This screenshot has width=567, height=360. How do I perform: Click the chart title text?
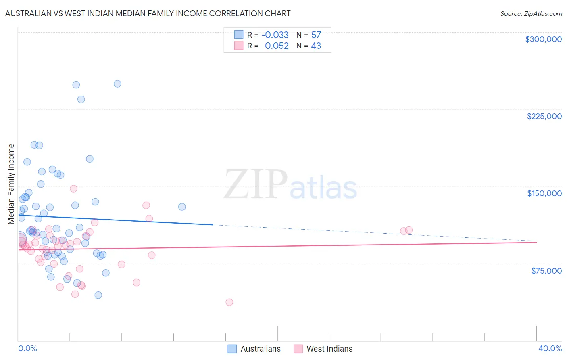(x=148, y=13)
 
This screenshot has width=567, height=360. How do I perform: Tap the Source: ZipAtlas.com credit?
(x=531, y=13)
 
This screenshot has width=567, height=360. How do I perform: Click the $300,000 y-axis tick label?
(x=543, y=39)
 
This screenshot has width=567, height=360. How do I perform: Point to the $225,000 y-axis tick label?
(x=544, y=116)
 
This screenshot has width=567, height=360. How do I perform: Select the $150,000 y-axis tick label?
(x=544, y=193)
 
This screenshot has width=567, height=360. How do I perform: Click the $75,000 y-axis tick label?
(x=546, y=271)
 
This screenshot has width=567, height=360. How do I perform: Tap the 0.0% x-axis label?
(x=27, y=348)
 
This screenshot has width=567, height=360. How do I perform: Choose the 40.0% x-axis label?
(x=550, y=348)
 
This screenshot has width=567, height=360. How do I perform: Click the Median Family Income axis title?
(x=11, y=184)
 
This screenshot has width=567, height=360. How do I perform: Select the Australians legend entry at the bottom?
(x=254, y=349)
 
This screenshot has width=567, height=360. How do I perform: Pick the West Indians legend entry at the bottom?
(x=323, y=349)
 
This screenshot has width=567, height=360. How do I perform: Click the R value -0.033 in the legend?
(x=275, y=35)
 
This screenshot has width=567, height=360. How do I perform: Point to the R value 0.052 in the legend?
(x=277, y=46)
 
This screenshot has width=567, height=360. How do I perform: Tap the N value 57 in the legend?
(x=316, y=35)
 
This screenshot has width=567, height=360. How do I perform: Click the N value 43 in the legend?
(x=316, y=46)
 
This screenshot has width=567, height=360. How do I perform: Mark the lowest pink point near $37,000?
(x=229, y=302)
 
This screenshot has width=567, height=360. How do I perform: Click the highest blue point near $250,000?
(x=117, y=84)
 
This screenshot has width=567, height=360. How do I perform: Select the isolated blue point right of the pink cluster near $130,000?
(x=182, y=207)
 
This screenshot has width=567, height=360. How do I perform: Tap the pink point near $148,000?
(x=73, y=188)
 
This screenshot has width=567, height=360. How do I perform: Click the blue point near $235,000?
(x=81, y=99)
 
